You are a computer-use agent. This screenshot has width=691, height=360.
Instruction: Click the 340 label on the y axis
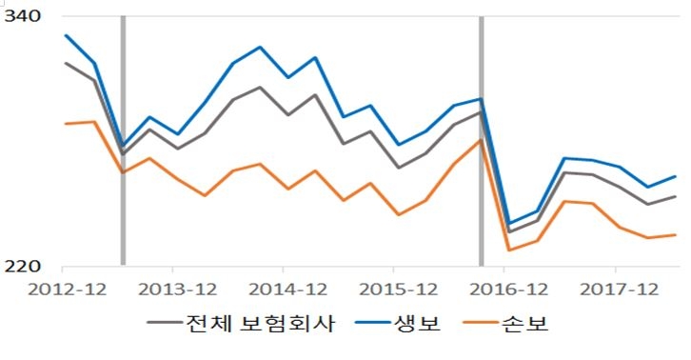[x=24, y=16]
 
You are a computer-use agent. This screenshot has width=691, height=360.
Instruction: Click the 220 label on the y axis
[x=24, y=266]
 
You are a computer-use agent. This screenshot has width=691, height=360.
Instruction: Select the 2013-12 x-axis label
[x=174, y=289]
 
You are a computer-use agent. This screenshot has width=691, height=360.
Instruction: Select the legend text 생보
[x=419, y=324]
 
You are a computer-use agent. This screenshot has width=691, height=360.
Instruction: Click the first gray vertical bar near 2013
[x=123, y=143]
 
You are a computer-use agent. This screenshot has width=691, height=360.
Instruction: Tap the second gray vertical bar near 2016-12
[x=481, y=143]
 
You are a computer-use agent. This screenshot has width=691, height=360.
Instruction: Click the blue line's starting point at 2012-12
[x=66, y=35]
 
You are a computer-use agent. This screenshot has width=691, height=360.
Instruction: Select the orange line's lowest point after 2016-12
[x=508, y=250]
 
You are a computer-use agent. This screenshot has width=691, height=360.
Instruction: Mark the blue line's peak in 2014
[x=260, y=47]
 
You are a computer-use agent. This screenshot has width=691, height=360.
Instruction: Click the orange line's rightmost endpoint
[x=676, y=234]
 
